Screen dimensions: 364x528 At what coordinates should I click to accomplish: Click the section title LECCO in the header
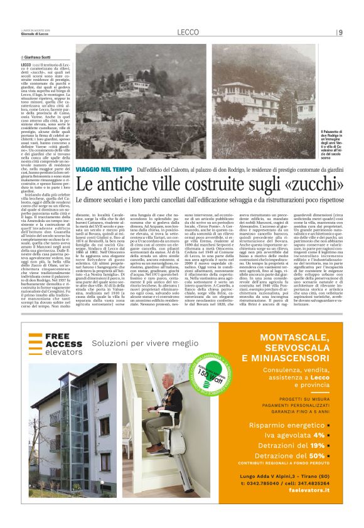click(187, 32)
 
